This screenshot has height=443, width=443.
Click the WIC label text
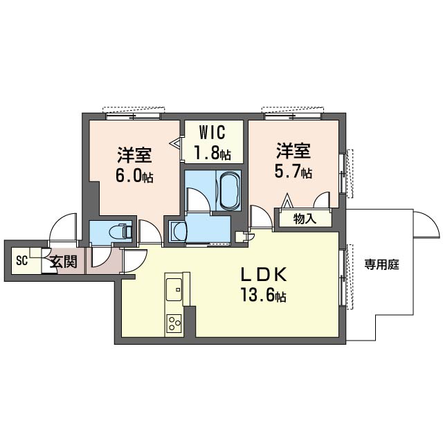pyautogui.click(x=213, y=132)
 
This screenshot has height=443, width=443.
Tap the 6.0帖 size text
pyautogui.click(x=134, y=176)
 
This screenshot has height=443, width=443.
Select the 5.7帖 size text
pyautogui.click(x=293, y=172)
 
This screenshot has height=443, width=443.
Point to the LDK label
pyautogui.click(x=264, y=274)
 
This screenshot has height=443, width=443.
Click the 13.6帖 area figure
pyautogui.click(x=263, y=295)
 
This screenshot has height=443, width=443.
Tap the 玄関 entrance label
pyautogui.click(x=64, y=262)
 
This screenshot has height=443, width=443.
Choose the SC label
pyautogui.click(x=21, y=260)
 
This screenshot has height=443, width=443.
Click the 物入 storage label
pyautogui.click(x=305, y=219)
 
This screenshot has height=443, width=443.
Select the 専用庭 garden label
pyautogui.click(x=381, y=264)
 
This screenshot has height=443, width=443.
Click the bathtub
pyautogui.click(x=229, y=190)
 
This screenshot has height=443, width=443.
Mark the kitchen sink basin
pyautogui.click(x=174, y=289)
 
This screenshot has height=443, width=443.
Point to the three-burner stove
pyautogui.click(x=174, y=323)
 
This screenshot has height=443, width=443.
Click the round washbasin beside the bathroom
pyautogui.click(x=179, y=232)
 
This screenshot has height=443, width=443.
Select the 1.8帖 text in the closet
pyautogui.click(x=213, y=154)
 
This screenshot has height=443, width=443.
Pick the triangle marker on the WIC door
pyautogui.click(x=175, y=143)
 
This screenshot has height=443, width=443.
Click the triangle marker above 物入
pyautogui.click(x=287, y=201)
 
